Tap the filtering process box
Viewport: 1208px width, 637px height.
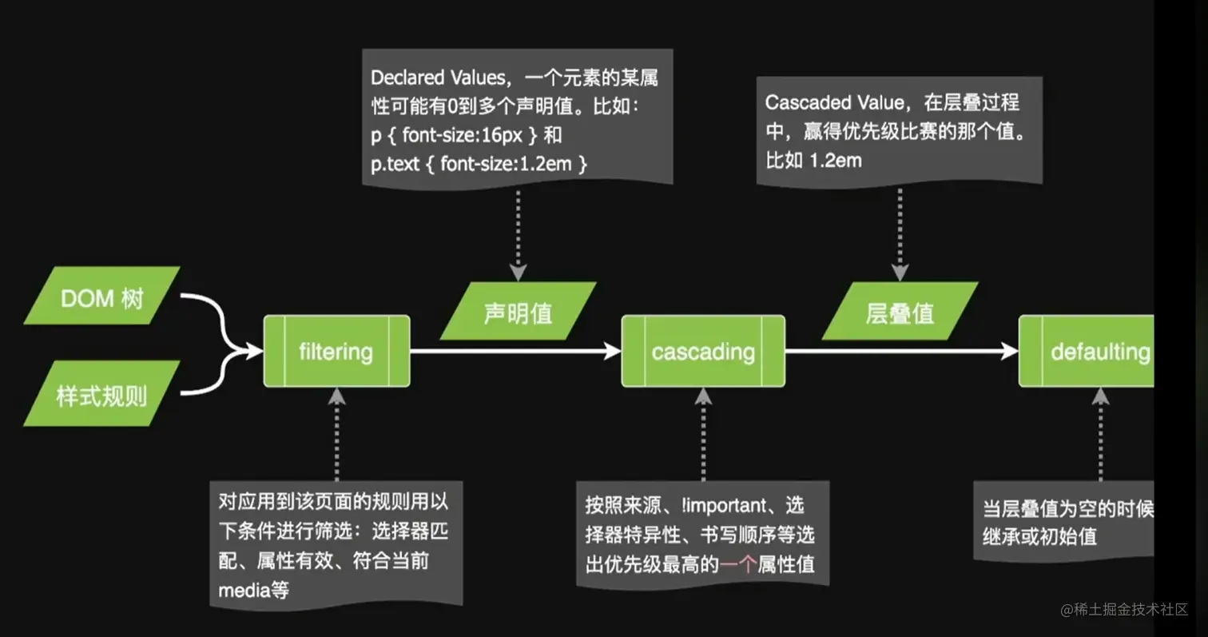pos(336,352)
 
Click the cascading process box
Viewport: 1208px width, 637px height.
pos(703,352)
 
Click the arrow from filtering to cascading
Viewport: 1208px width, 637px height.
pos(515,351)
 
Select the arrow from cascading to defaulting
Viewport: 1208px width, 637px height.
pos(901,351)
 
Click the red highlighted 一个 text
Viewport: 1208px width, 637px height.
pos(737,565)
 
